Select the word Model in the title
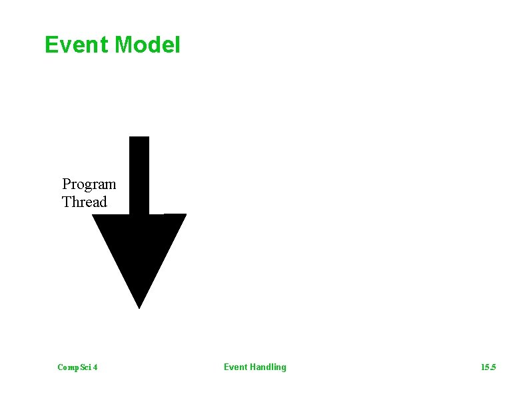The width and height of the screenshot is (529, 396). point(147,45)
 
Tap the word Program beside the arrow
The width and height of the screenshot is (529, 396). point(89,184)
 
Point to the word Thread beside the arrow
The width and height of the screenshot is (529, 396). point(84,202)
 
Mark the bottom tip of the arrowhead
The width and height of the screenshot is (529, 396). point(139,307)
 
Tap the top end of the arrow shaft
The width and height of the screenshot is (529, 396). point(139,138)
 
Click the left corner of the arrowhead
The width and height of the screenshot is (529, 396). point(95,216)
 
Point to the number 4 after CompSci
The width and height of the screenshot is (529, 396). point(96,367)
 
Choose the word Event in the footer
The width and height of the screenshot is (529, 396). point(235,367)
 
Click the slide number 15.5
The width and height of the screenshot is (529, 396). point(488,367)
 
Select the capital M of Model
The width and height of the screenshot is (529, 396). point(124,45)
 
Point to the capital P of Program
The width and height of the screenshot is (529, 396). point(67,184)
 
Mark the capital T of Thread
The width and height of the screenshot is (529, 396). point(67,202)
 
